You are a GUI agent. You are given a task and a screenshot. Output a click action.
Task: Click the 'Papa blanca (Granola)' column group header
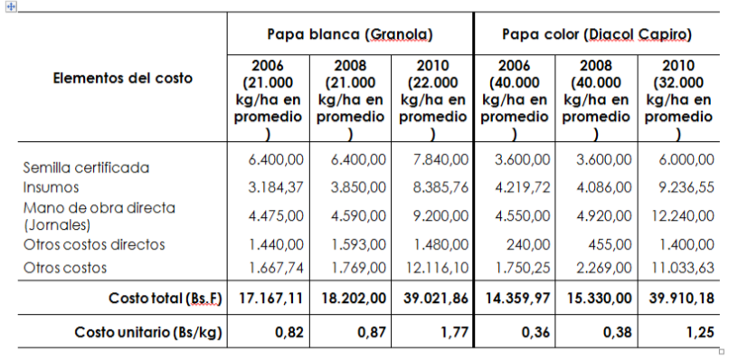tap(349, 35)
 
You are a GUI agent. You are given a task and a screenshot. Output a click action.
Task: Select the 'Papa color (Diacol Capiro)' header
tap(596, 35)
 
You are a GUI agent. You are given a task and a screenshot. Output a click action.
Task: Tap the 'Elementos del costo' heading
tap(123, 78)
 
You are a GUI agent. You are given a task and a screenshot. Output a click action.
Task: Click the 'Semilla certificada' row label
tap(86, 167)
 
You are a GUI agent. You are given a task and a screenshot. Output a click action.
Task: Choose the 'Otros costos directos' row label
tap(94, 244)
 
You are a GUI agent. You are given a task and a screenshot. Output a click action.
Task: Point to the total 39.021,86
tap(434, 298)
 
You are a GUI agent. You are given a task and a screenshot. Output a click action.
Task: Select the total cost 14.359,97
tap(515, 298)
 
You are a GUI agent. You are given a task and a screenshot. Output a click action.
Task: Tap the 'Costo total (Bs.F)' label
tap(165, 298)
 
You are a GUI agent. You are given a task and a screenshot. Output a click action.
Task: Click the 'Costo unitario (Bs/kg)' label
tap(148, 333)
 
